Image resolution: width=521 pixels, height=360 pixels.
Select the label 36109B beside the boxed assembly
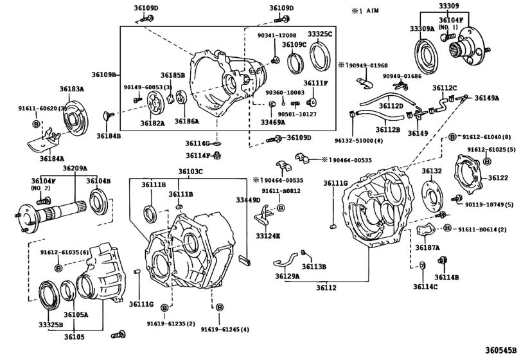click(x=104, y=75)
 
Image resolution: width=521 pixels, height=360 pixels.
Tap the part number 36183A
click(x=72, y=88)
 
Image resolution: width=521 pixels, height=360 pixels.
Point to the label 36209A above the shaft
click(x=75, y=168)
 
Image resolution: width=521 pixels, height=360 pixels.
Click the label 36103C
click(x=191, y=172)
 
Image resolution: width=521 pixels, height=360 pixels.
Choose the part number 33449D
click(x=247, y=201)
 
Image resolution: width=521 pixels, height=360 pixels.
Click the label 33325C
click(x=319, y=33)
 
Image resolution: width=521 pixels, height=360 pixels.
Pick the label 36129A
click(x=288, y=276)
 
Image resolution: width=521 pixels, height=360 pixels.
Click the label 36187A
click(x=427, y=247)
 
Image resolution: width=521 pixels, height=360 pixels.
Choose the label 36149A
click(x=486, y=98)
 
